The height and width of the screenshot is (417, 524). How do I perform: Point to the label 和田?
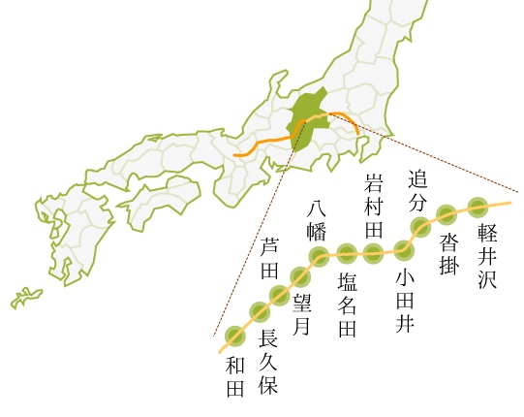pyautogui.click(x=233, y=377)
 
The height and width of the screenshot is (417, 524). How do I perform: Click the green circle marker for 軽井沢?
pyautogui.click(x=478, y=206)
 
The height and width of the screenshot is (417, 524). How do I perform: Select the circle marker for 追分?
pyautogui.click(x=420, y=228)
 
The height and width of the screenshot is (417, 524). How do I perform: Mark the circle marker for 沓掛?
pyautogui.click(x=447, y=214)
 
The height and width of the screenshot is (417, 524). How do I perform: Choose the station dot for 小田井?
pyautogui.click(x=404, y=249)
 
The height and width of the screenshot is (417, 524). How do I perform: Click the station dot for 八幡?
pyautogui.click(x=319, y=258)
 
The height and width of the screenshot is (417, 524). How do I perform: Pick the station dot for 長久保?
pyautogui.click(x=259, y=311)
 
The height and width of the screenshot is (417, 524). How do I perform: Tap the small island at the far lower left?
pyautogui.click(x=26, y=297)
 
